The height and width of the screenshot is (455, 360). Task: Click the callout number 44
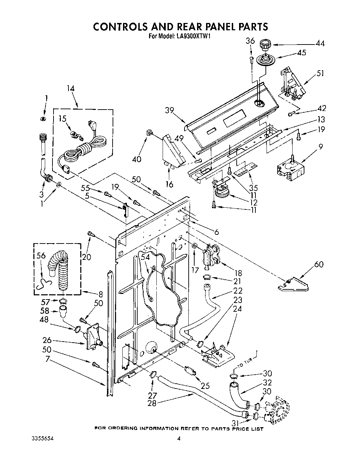pyautogui.click(x=320, y=43)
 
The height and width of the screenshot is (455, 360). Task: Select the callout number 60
pyautogui.click(x=318, y=264)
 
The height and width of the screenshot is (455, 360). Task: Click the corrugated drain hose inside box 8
pyautogui.click(x=63, y=271)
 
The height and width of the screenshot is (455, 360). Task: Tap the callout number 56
pyautogui.click(x=41, y=256)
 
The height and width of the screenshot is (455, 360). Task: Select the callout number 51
pyautogui.click(x=320, y=73)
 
